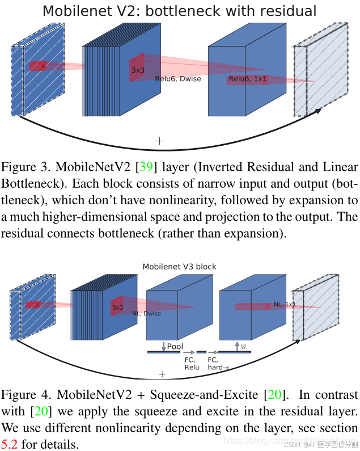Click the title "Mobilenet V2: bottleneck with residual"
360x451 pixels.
tap(180, 11)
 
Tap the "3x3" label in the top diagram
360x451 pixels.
tap(138, 70)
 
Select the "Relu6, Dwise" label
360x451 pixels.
tap(178, 79)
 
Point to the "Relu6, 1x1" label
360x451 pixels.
tap(248, 79)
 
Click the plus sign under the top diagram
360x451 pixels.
tap(159, 141)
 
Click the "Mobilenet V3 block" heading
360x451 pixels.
tap(179, 266)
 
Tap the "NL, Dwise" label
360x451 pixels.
tap(146, 314)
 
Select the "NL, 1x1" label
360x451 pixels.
tap(285, 305)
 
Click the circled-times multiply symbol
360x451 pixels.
tap(243, 345)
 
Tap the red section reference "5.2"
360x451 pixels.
tap(11, 444)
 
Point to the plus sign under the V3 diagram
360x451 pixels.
tap(162, 374)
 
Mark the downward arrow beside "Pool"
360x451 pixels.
tap(163, 346)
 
